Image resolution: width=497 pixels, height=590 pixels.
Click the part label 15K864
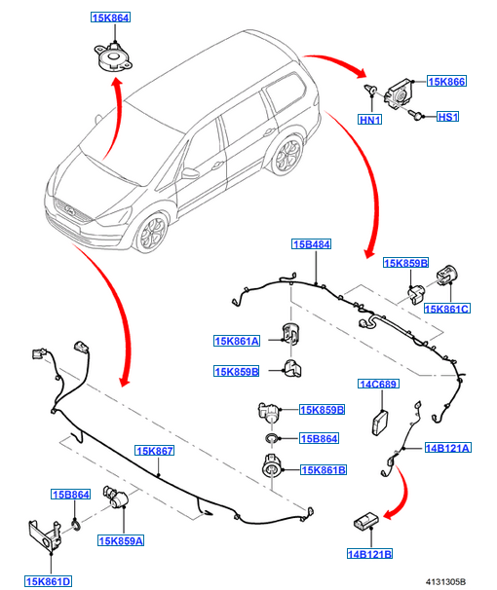(110, 18)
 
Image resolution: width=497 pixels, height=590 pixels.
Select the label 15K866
(446, 81)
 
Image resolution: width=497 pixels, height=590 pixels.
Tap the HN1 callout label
(370, 120)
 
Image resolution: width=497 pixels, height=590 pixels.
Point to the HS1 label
(447, 117)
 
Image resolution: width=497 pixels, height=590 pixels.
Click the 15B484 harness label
(312, 244)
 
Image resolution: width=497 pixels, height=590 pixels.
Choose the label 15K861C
(447, 309)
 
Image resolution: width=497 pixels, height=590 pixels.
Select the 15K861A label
(237, 341)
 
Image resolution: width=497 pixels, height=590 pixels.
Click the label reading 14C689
(378, 384)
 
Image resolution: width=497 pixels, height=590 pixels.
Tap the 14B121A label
(447, 448)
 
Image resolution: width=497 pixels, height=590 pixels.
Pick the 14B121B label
(369, 554)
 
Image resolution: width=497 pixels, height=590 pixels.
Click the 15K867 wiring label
(155, 451)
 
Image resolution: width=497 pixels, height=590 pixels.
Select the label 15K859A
(121, 540)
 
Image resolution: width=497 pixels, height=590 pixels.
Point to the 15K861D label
(48, 581)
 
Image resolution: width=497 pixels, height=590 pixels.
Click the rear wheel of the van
(287, 155)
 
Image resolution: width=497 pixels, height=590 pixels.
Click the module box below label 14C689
(380, 423)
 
